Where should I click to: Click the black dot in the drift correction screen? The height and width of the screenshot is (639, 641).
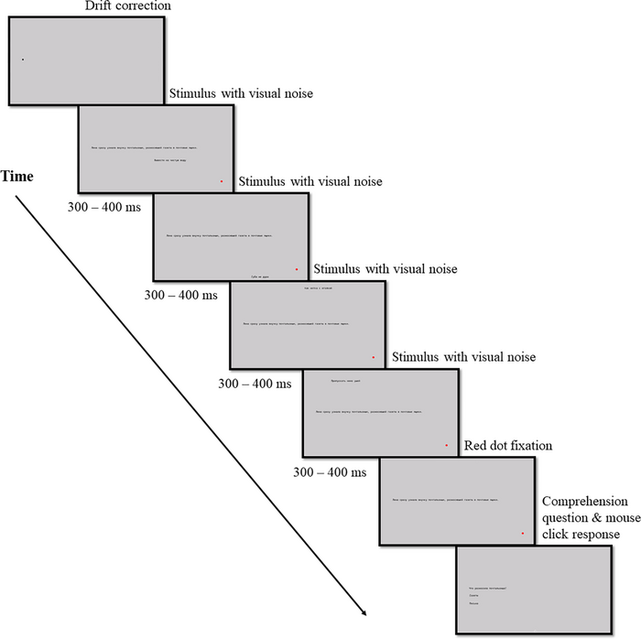(x=23, y=60)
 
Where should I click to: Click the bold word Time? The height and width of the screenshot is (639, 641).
(x=17, y=176)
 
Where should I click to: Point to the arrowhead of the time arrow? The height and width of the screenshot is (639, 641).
(x=364, y=612)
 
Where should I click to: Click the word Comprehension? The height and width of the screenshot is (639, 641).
(x=585, y=502)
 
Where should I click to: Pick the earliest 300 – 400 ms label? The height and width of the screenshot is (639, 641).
(x=104, y=207)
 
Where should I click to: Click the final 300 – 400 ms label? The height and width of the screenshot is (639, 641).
(x=330, y=472)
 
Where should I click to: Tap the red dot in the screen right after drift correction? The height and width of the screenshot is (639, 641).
(x=222, y=181)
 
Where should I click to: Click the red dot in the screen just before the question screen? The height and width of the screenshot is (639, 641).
(x=523, y=533)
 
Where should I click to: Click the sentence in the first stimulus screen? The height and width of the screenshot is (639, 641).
(x=144, y=147)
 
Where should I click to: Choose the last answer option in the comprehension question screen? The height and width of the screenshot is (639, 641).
(x=474, y=604)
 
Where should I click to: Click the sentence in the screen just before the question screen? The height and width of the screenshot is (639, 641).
(x=445, y=501)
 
